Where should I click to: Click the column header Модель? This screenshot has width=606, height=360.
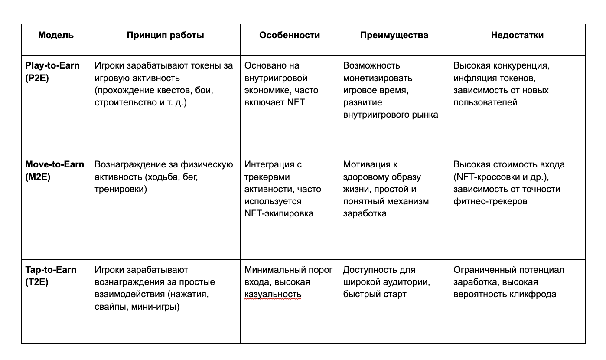(x=56, y=35)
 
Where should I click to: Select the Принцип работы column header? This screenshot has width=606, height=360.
(x=165, y=35)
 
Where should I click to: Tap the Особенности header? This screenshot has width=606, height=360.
(x=290, y=35)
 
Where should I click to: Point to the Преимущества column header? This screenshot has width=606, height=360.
(x=394, y=35)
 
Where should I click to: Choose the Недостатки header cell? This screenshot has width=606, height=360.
(x=517, y=35)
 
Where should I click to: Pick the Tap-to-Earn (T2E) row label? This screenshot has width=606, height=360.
(x=51, y=276)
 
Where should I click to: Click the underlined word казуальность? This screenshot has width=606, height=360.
(x=273, y=295)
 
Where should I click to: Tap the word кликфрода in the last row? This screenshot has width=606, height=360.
(x=535, y=295)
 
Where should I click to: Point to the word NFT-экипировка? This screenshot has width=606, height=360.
(x=279, y=214)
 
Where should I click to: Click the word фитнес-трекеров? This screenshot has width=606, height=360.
(x=490, y=202)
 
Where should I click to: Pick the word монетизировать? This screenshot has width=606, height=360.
(x=378, y=78)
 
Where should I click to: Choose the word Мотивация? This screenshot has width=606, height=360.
(x=364, y=165)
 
